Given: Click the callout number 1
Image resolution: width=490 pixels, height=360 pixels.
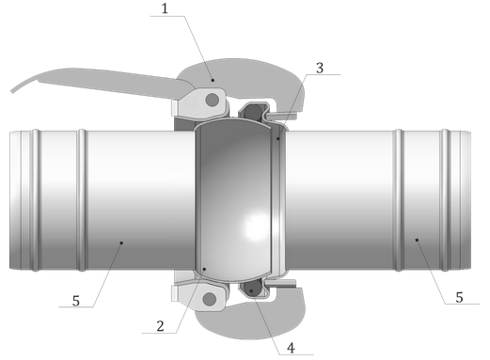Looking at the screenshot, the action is pos(165,8).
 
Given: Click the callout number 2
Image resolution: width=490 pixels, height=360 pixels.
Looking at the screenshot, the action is pos(160,326).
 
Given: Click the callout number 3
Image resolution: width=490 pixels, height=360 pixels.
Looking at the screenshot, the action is pos(320,68).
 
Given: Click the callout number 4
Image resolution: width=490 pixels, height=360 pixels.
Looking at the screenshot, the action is pos(291,348).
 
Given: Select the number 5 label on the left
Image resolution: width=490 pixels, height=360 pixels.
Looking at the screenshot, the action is pos(76,301).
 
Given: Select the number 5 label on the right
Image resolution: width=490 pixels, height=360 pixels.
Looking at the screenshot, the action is pos(459,297).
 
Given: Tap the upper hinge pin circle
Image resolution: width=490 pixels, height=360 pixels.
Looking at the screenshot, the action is pos(212,100).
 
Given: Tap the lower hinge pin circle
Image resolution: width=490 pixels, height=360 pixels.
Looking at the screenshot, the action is pos(210,299).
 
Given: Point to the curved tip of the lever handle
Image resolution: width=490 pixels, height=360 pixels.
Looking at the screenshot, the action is pos(12,91).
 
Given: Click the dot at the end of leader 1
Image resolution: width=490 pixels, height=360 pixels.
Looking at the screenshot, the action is pos(213,80).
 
